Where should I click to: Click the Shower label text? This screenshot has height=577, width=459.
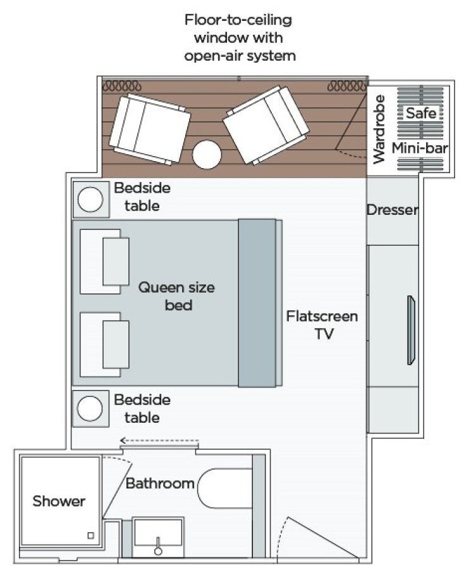click(x=59, y=502)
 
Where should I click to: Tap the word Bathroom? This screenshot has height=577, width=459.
click(x=159, y=484)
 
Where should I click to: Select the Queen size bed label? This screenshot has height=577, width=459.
click(x=176, y=296)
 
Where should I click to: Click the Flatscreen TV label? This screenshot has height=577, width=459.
click(x=322, y=325)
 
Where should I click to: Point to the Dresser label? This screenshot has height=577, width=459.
click(x=393, y=210)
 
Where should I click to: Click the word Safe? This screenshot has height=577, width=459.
click(x=420, y=114)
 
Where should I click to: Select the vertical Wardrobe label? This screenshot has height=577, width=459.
click(x=379, y=130)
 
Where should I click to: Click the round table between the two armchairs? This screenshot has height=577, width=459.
click(x=207, y=154)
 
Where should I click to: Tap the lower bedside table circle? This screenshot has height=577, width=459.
click(x=90, y=408)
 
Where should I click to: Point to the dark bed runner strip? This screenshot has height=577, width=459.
click(x=257, y=303)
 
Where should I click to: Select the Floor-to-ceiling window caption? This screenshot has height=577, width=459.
click(x=239, y=37)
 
